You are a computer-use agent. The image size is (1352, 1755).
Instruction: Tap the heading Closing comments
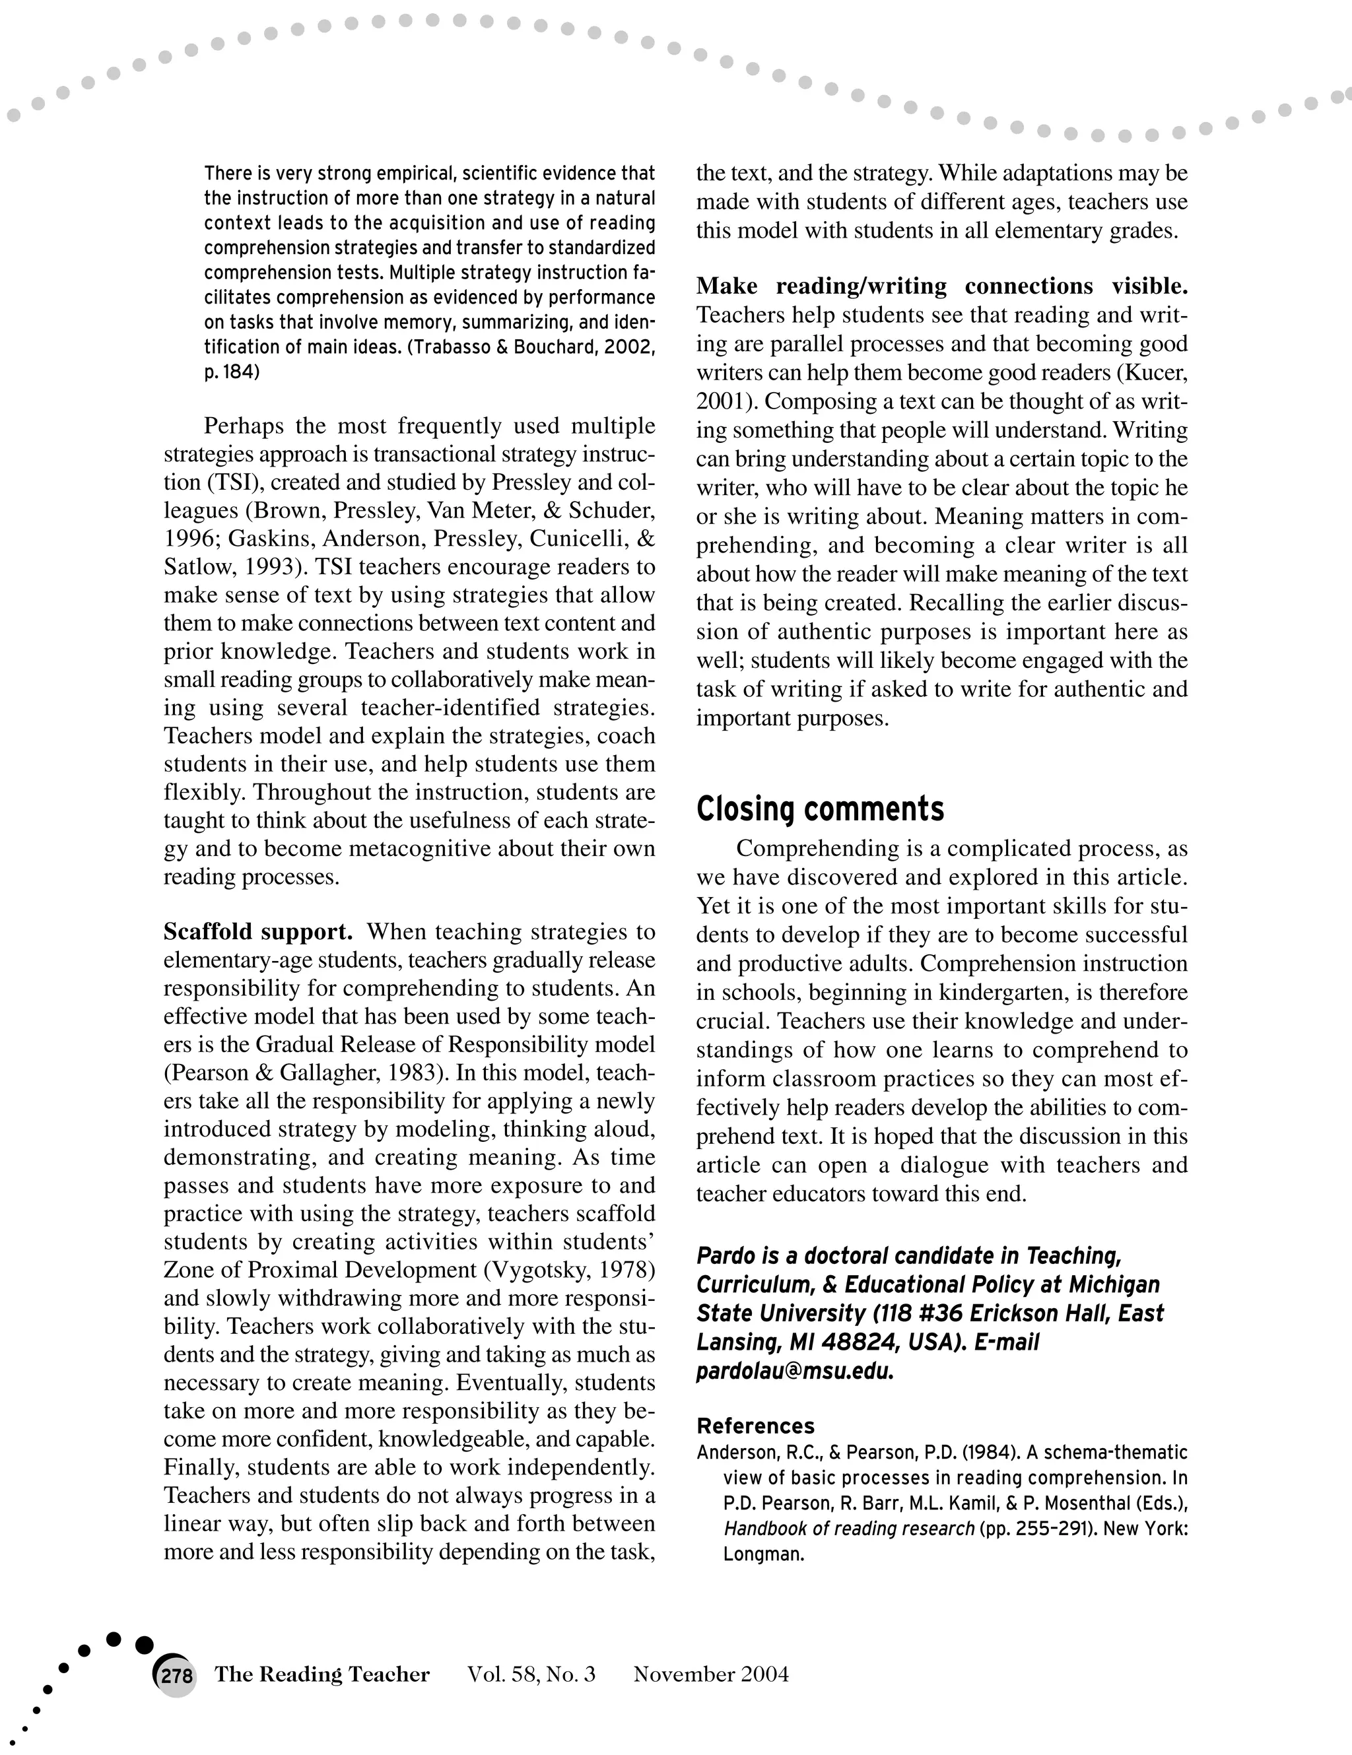tap(820, 809)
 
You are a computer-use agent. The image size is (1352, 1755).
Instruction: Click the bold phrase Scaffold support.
tap(258, 931)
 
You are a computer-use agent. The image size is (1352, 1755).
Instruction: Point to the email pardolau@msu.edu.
tap(795, 1371)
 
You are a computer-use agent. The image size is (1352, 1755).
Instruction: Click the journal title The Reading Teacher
tap(321, 1674)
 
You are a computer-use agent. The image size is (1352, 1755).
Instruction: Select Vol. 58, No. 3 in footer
tap(531, 1674)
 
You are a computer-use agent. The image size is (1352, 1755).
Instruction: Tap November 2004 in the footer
tap(710, 1674)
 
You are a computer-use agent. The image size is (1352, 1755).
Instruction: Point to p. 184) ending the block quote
tap(232, 373)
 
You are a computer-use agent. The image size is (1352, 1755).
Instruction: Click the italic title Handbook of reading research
tap(849, 1529)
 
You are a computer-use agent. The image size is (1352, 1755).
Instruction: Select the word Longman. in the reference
tap(764, 1554)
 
